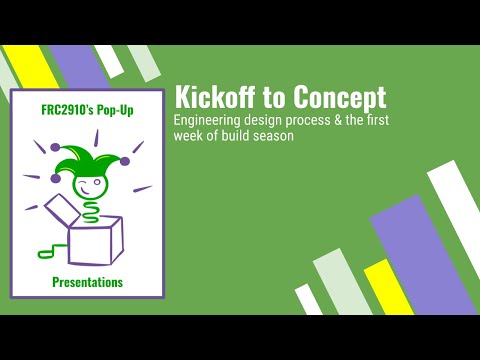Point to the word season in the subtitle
(x=273, y=136)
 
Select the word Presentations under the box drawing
(x=88, y=282)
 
